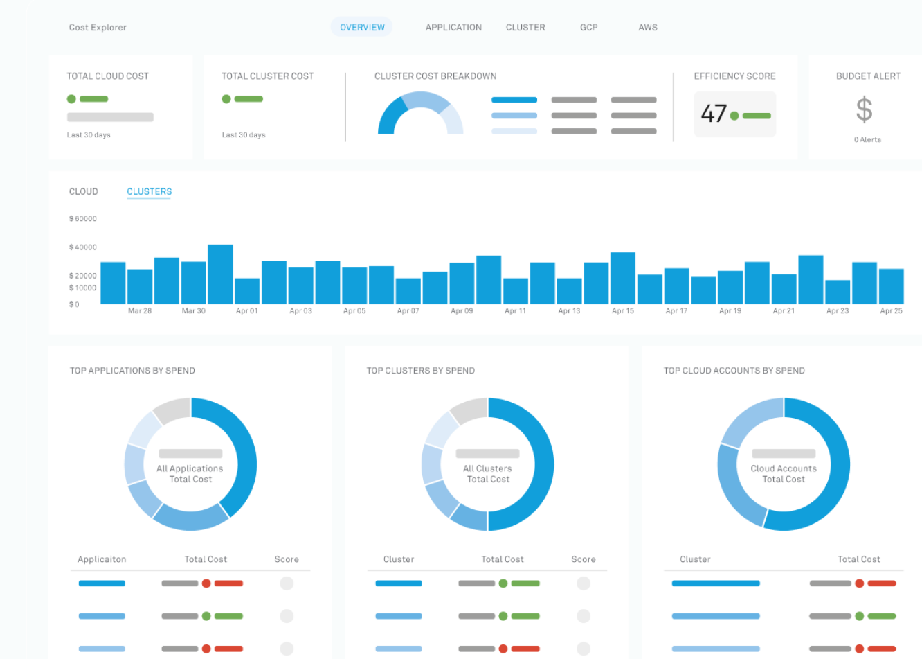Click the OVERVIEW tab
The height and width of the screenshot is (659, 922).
[x=362, y=27]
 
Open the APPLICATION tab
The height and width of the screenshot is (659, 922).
[x=453, y=27]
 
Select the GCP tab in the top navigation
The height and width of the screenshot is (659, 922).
[x=588, y=27]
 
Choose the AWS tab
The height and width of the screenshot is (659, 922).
[x=647, y=27]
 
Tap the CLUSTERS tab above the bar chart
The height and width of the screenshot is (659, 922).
[x=149, y=192]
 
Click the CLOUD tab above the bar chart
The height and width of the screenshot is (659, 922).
[x=84, y=192]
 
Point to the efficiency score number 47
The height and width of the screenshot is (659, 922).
[x=714, y=114]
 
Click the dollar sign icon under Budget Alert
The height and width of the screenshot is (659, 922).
[x=864, y=109]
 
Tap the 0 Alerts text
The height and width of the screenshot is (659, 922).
[x=867, y=140]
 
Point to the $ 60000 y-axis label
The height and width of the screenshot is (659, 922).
[x=83, y=218]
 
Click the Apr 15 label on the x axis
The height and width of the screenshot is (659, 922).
[x=623, y=310]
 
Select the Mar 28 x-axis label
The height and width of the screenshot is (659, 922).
[x=140, y=310]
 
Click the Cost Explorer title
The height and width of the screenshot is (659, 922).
[x=98, y=27]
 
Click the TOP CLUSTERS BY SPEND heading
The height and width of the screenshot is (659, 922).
[x=421, y=371]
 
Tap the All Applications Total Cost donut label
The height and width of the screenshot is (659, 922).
[x=190, y=473]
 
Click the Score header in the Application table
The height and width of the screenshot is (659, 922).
[x=287, y=559]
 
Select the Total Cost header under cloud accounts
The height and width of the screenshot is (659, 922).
[x=858, y=559]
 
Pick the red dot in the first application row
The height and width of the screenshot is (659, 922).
[x=206, y=583]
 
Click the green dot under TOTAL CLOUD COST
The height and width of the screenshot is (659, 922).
[x=71, y=99]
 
